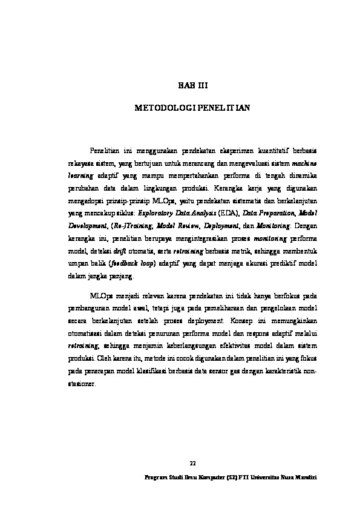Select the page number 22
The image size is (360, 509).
point(193,463)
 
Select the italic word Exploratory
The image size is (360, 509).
point(155,213)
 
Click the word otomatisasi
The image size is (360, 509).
point(83,335)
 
